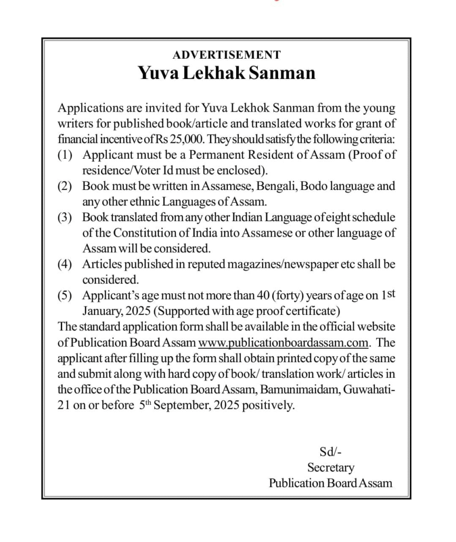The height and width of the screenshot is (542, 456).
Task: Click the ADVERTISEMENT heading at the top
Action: (227, 55)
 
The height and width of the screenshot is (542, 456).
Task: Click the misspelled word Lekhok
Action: (255, 109)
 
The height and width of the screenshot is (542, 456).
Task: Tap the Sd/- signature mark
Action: (330, 452)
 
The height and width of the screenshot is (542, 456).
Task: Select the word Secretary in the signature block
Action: (330, 467)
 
